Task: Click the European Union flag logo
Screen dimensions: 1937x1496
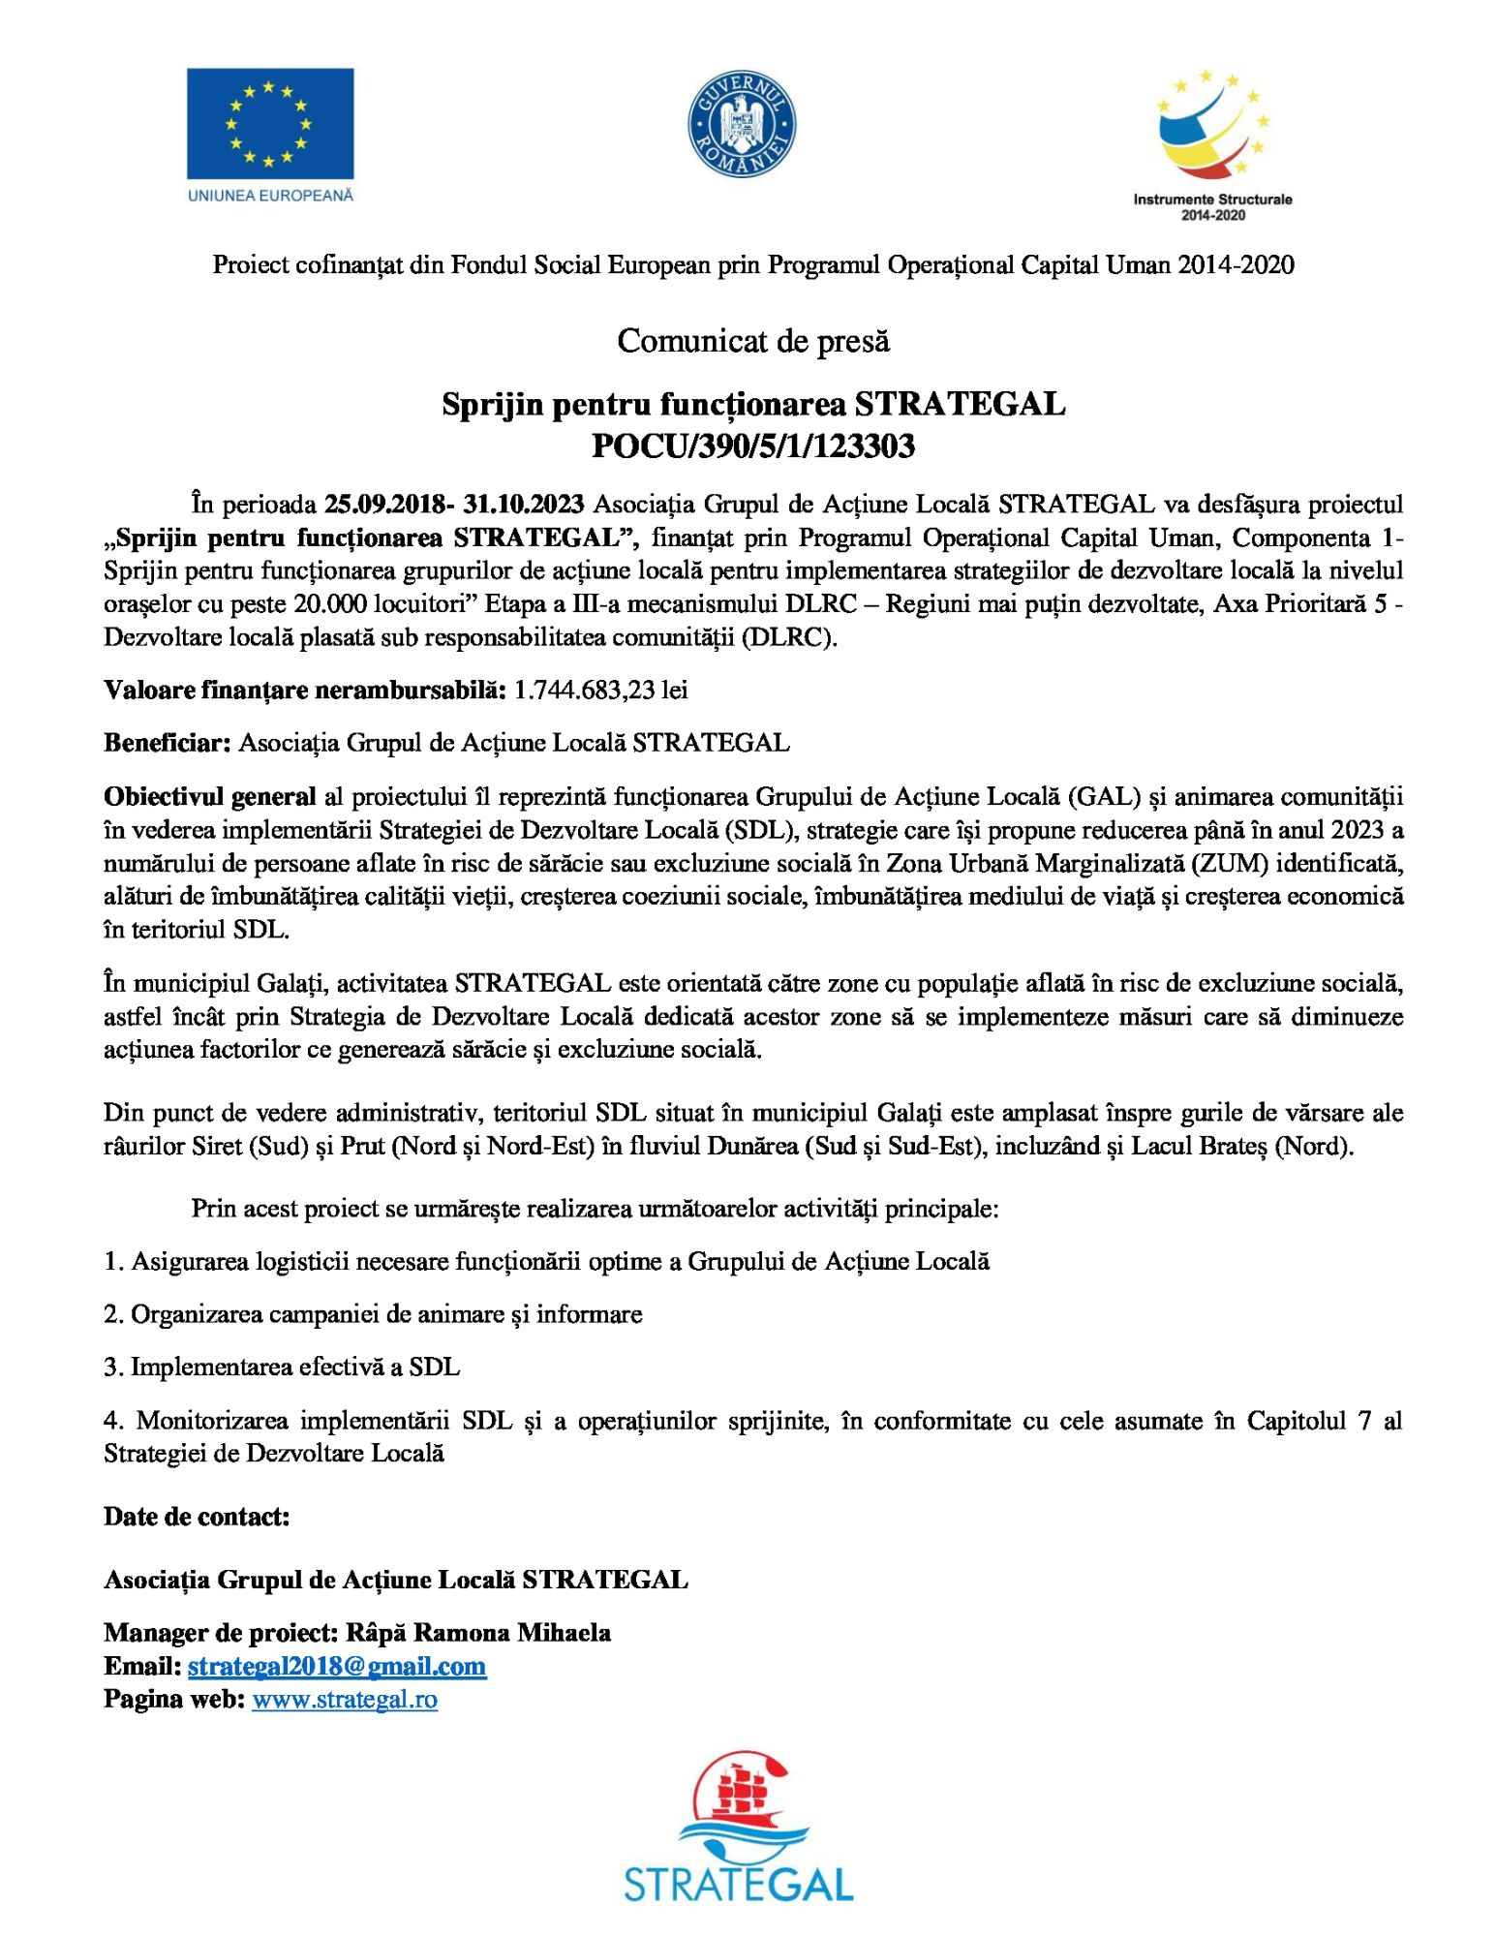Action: point(269,123)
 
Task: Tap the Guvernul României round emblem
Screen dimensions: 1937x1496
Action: point(742,125)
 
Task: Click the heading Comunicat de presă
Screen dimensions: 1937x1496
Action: point(753,341)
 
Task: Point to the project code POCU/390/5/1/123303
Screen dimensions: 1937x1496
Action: point(753,446)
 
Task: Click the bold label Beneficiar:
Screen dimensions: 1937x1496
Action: point(167,743)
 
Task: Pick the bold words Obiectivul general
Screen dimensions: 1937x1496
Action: point(209,797)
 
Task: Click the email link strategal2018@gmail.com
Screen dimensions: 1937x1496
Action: point(337,1666)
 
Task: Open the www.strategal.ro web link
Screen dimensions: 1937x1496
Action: point(345,1699)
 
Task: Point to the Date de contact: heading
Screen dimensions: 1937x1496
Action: point(197,1517)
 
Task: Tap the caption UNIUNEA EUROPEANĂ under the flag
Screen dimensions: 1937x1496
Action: point(270,196)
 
